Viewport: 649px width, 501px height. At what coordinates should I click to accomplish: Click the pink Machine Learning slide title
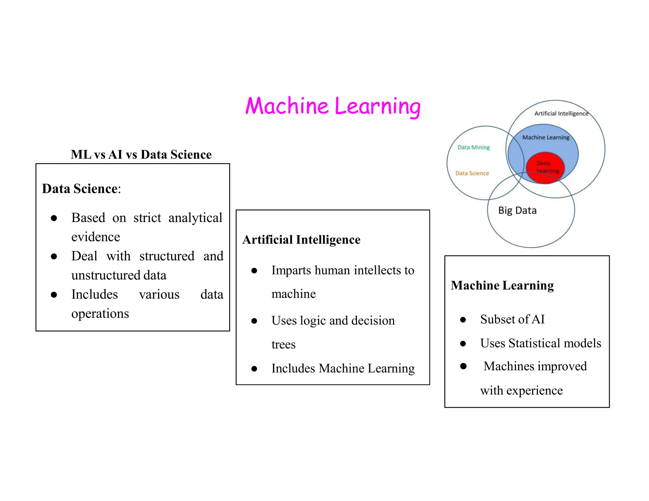(333, 106)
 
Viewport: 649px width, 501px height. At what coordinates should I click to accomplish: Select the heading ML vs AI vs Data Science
(141, 155)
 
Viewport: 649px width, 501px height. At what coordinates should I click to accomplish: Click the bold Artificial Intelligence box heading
(301, 240)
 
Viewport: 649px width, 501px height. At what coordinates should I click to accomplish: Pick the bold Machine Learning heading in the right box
(502, 285)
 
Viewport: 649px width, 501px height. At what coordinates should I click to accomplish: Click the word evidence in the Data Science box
(96, 237)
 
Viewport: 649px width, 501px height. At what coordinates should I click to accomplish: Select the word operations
(100, 314)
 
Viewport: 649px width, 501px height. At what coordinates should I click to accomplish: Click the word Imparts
(291, 270)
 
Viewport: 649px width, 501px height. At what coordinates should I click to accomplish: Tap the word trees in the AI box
(283, 344)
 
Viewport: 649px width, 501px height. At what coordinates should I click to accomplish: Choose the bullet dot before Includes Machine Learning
(254, 369)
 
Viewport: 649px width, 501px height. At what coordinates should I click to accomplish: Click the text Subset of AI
(512, 319)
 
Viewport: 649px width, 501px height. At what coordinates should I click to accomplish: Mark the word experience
(534, 390)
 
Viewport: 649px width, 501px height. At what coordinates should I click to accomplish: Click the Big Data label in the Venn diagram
(517, 211)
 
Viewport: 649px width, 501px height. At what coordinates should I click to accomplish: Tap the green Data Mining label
(473, 147)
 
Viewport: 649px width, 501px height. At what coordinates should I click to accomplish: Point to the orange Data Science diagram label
(472, 173)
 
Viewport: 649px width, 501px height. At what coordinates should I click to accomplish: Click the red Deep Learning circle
(545, 168)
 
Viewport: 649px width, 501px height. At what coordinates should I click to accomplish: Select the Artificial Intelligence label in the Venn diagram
(561, 114)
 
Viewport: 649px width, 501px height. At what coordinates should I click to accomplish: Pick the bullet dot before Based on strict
(54, 218)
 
